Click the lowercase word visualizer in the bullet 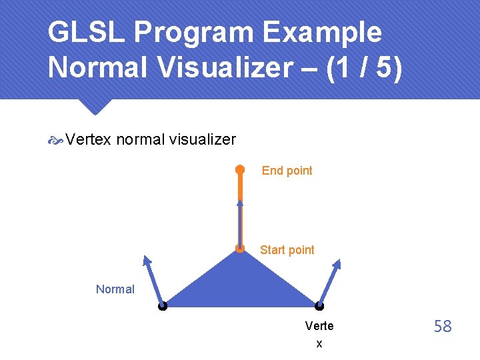(202, 139)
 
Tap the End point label (287, 171)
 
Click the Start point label (287, 250)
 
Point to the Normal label (115, 289)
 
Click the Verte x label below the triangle (319, 334)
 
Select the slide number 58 (443, 326)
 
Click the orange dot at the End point (239, 169)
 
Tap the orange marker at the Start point (240, 249)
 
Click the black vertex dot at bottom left (162, 307)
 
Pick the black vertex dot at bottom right (319, 307)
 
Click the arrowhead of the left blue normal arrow (147, 261)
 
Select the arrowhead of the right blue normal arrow (337, 264)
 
